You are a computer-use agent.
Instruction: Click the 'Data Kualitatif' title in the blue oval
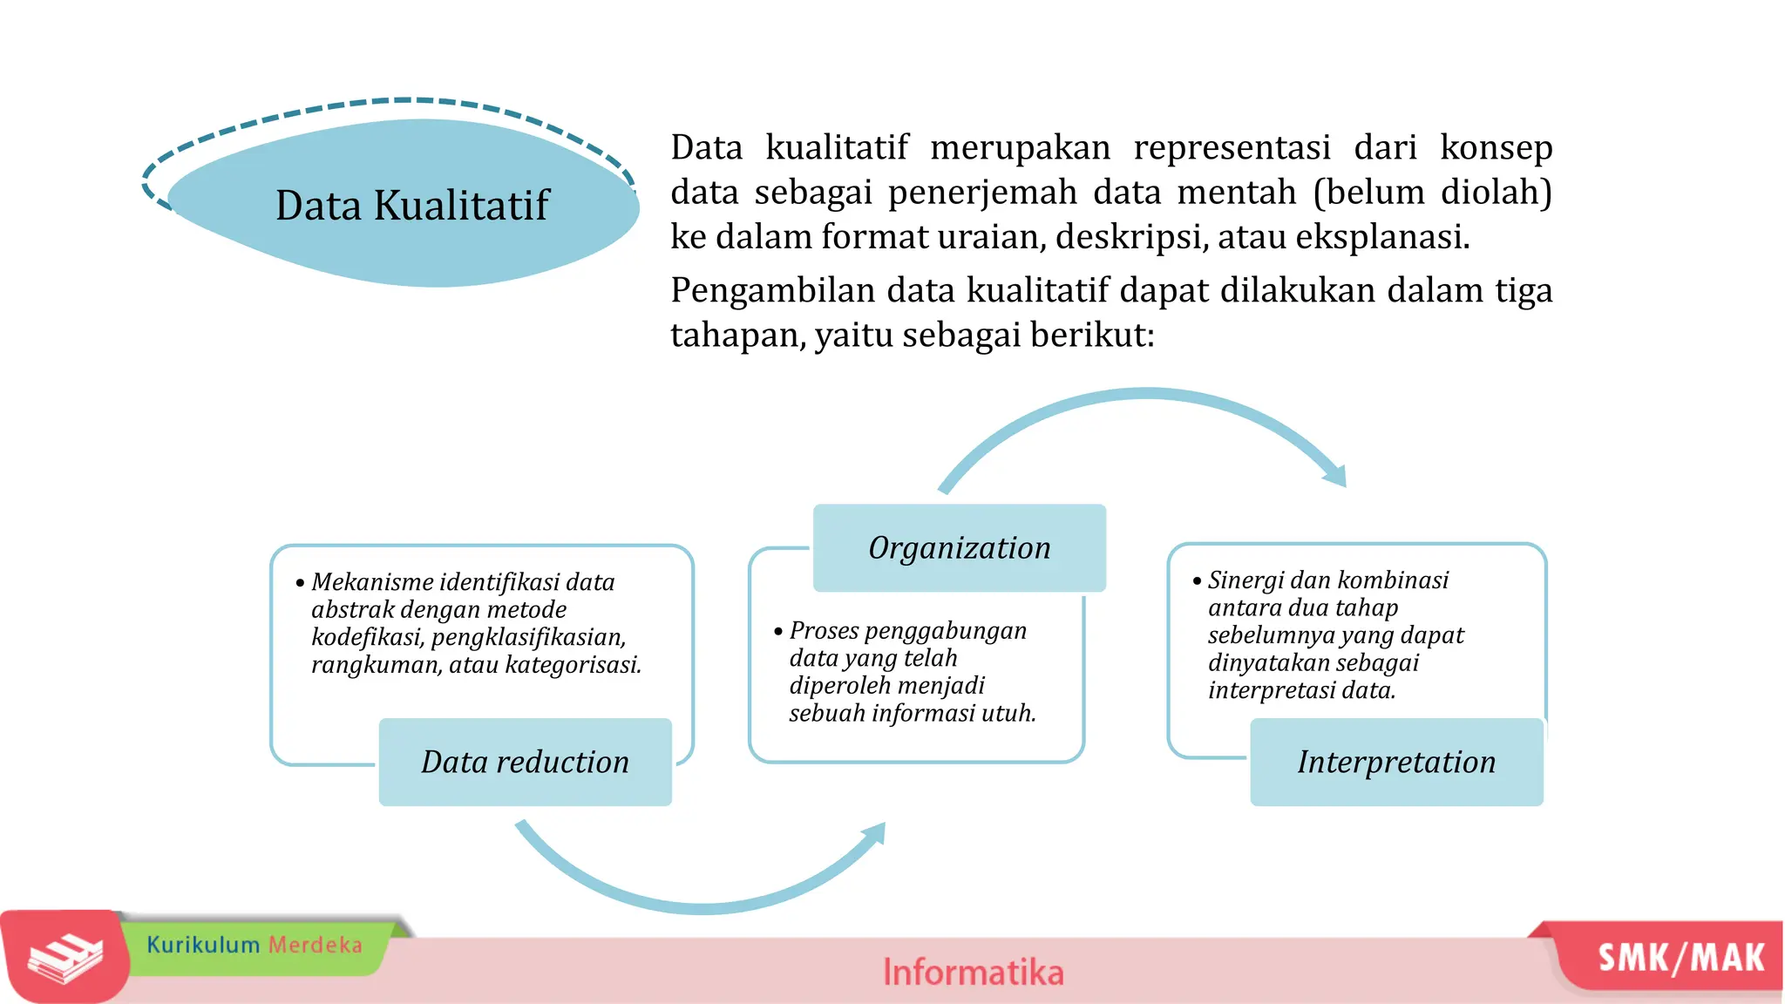click(x=412, y=206)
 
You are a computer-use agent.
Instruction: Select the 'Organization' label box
click(x=959, y=548)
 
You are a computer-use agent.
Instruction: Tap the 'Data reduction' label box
click(x=525, y=762)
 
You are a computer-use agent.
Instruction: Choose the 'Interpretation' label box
click(x=1396, y=762)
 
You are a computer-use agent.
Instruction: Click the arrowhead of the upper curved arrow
click(x=1336, y=476)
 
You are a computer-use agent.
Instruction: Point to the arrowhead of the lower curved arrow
click(x=875, y=834)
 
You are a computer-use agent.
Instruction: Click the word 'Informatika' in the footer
click(x=973, y=972)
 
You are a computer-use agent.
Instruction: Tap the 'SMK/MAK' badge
click(x=1680, y=958)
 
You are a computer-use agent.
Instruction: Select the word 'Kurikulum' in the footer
click(x=203, y=945)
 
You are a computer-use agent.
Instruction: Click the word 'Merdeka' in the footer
click(x=315, y=945)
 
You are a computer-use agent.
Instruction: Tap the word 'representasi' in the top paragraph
click(x=1232, y=147)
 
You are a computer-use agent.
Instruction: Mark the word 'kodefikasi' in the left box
click(x=367, y=637)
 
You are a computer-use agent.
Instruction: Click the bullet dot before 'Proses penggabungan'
click(x=778, y=631)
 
